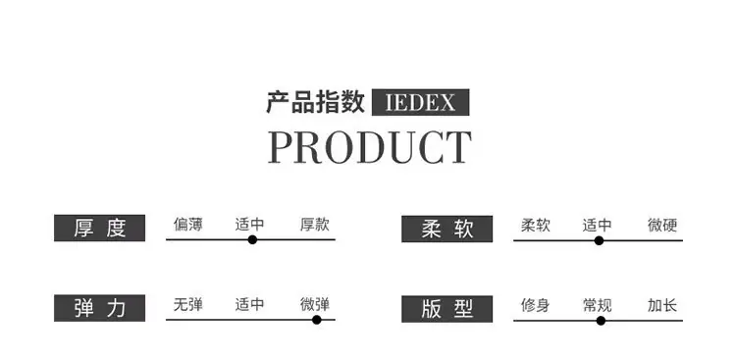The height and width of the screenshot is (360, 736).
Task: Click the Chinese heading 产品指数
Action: coord(315,102)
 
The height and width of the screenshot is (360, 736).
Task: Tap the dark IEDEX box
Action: coord(421,102)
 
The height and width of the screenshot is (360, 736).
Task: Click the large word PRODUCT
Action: coord(369,147)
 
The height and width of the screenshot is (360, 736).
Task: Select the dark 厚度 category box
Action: coord(99,229)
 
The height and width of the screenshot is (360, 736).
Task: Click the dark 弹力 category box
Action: coord(99,308)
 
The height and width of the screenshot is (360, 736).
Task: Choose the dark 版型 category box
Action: coord(447,309)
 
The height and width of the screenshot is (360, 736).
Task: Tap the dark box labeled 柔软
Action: coord(447,230)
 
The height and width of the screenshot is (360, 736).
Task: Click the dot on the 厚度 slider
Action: coord(252,240)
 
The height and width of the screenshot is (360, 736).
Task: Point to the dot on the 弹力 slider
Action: coord(317,320)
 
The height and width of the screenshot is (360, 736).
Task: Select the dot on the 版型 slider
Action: coord(601,321)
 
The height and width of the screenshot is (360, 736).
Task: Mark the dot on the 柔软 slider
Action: coord(599,240)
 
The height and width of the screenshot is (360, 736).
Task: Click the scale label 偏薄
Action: coord(187,225)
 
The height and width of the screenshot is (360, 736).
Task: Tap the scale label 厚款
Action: coord(315,225)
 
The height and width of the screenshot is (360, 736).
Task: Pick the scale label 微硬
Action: coord(662,226)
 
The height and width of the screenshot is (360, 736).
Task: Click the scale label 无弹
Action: coord(187,305)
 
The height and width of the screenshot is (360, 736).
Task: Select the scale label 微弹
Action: coord(315,305)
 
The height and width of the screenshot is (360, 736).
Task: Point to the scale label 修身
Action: coord(535,305)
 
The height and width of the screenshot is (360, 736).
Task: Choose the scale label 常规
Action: coord(597,305)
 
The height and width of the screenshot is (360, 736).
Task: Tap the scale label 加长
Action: coord(662,305)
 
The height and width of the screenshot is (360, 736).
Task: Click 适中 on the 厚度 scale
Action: coord(249,225)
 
